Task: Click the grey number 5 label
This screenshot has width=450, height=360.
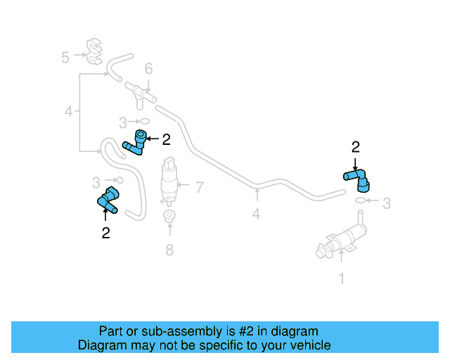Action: click(x=65, y=57)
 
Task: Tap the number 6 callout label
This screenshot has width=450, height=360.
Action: click(x=148, y=69)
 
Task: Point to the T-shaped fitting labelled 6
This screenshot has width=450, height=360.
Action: click(x=141, y=94)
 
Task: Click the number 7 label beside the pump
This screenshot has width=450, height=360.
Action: click(x=199, y=188)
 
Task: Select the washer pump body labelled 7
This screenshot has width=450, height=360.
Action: click(x=169, y=180)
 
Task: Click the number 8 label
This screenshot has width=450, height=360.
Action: click(x=169, y=249)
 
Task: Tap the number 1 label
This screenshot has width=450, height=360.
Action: click(x=342, y=278)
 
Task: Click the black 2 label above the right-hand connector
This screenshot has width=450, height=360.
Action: click(x=355, y=147)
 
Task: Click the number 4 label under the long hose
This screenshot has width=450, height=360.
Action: click(x=256, y=213)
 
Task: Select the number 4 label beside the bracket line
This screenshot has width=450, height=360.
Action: click(x=68, y=111)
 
